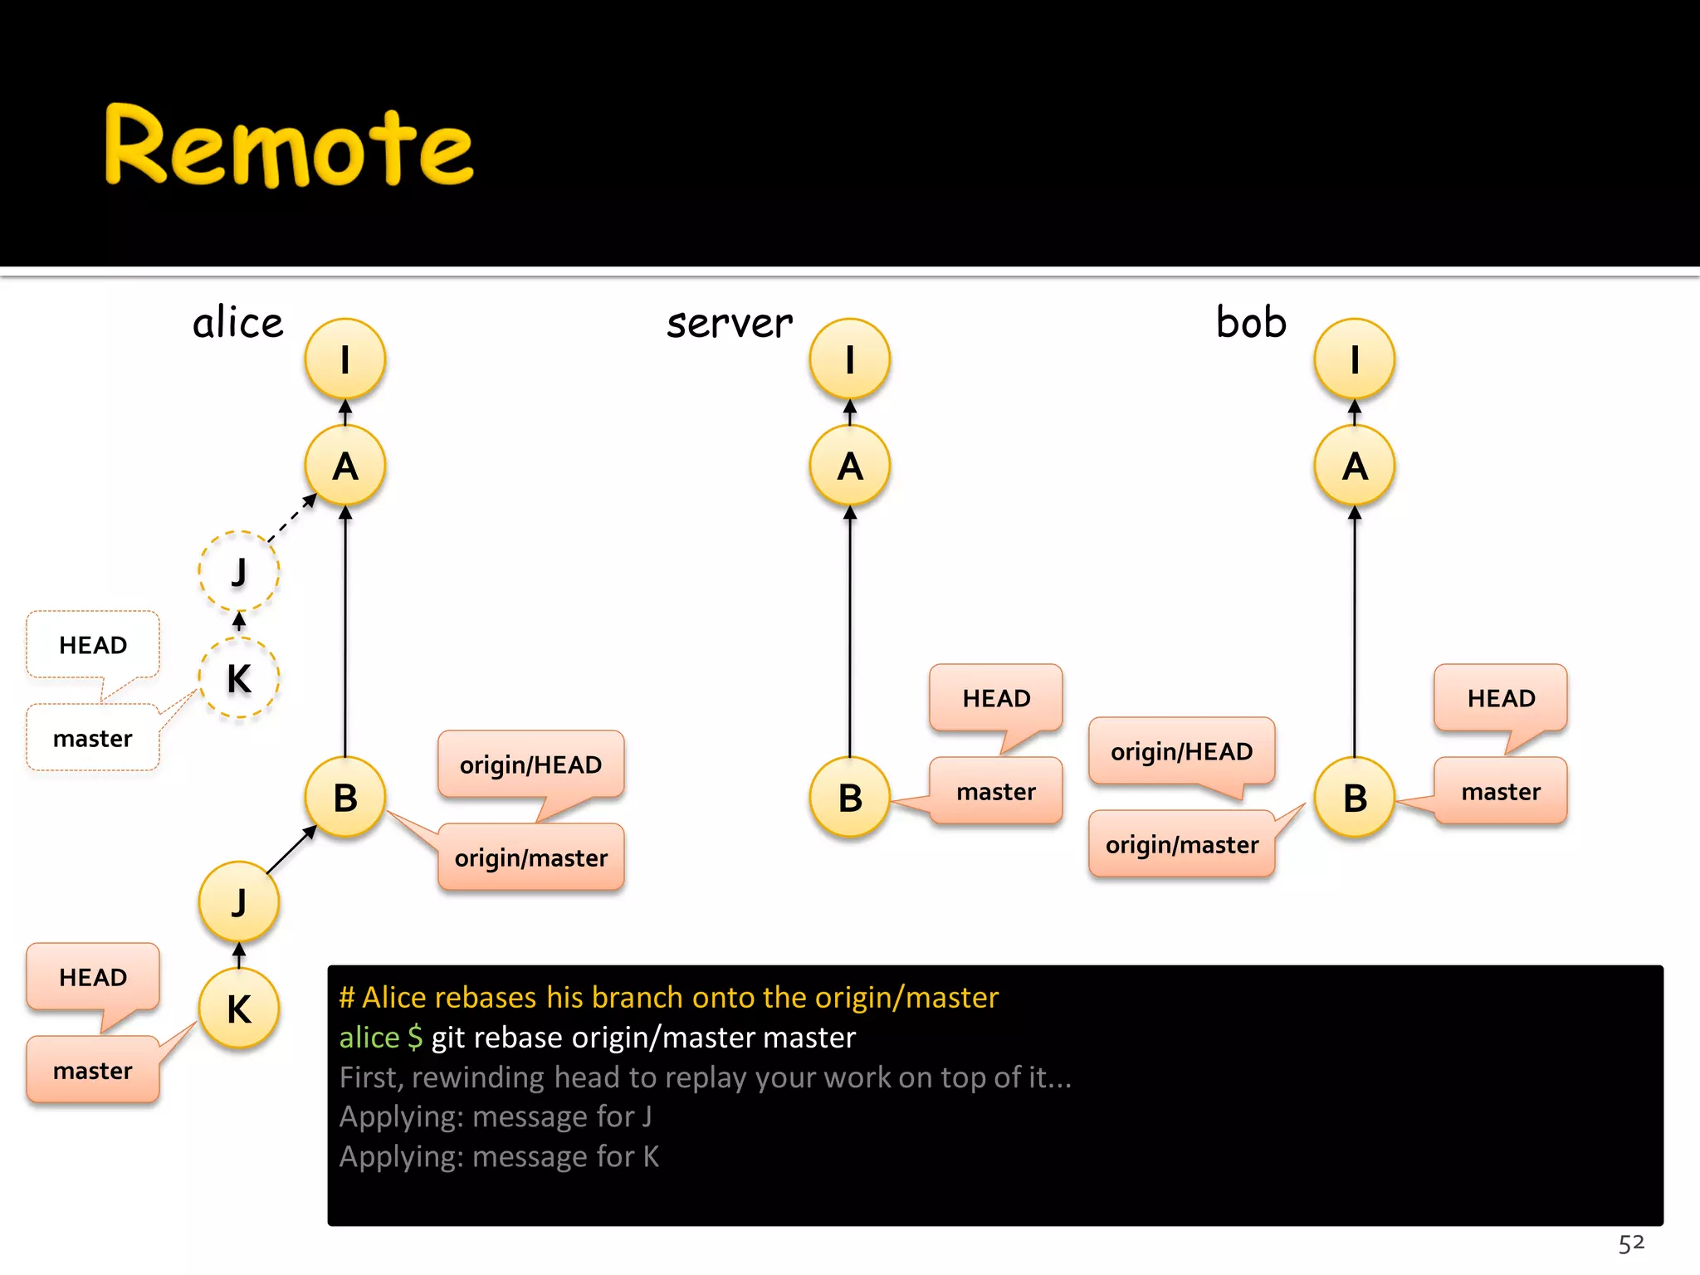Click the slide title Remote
coord(288,146)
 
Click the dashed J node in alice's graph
coord(239,571)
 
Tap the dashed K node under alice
coord(239,677)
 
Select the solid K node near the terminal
coord(239,1009)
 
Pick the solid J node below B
coord(239,902)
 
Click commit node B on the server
coord(850,798)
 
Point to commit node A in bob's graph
coord(1355,466)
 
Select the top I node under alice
coord(345,359)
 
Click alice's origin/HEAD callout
coord(530,765)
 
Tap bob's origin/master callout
coord(1182,844)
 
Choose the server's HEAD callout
coord(996,698)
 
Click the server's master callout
coord(996,791)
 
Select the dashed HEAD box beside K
coord(93,645)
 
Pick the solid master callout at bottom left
coord(93,1070)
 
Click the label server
coord(729,323)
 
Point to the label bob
coord(1251,322)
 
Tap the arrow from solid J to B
coord(291,850)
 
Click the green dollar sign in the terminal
coord(415,1038)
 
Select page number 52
coord(1631,1243)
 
